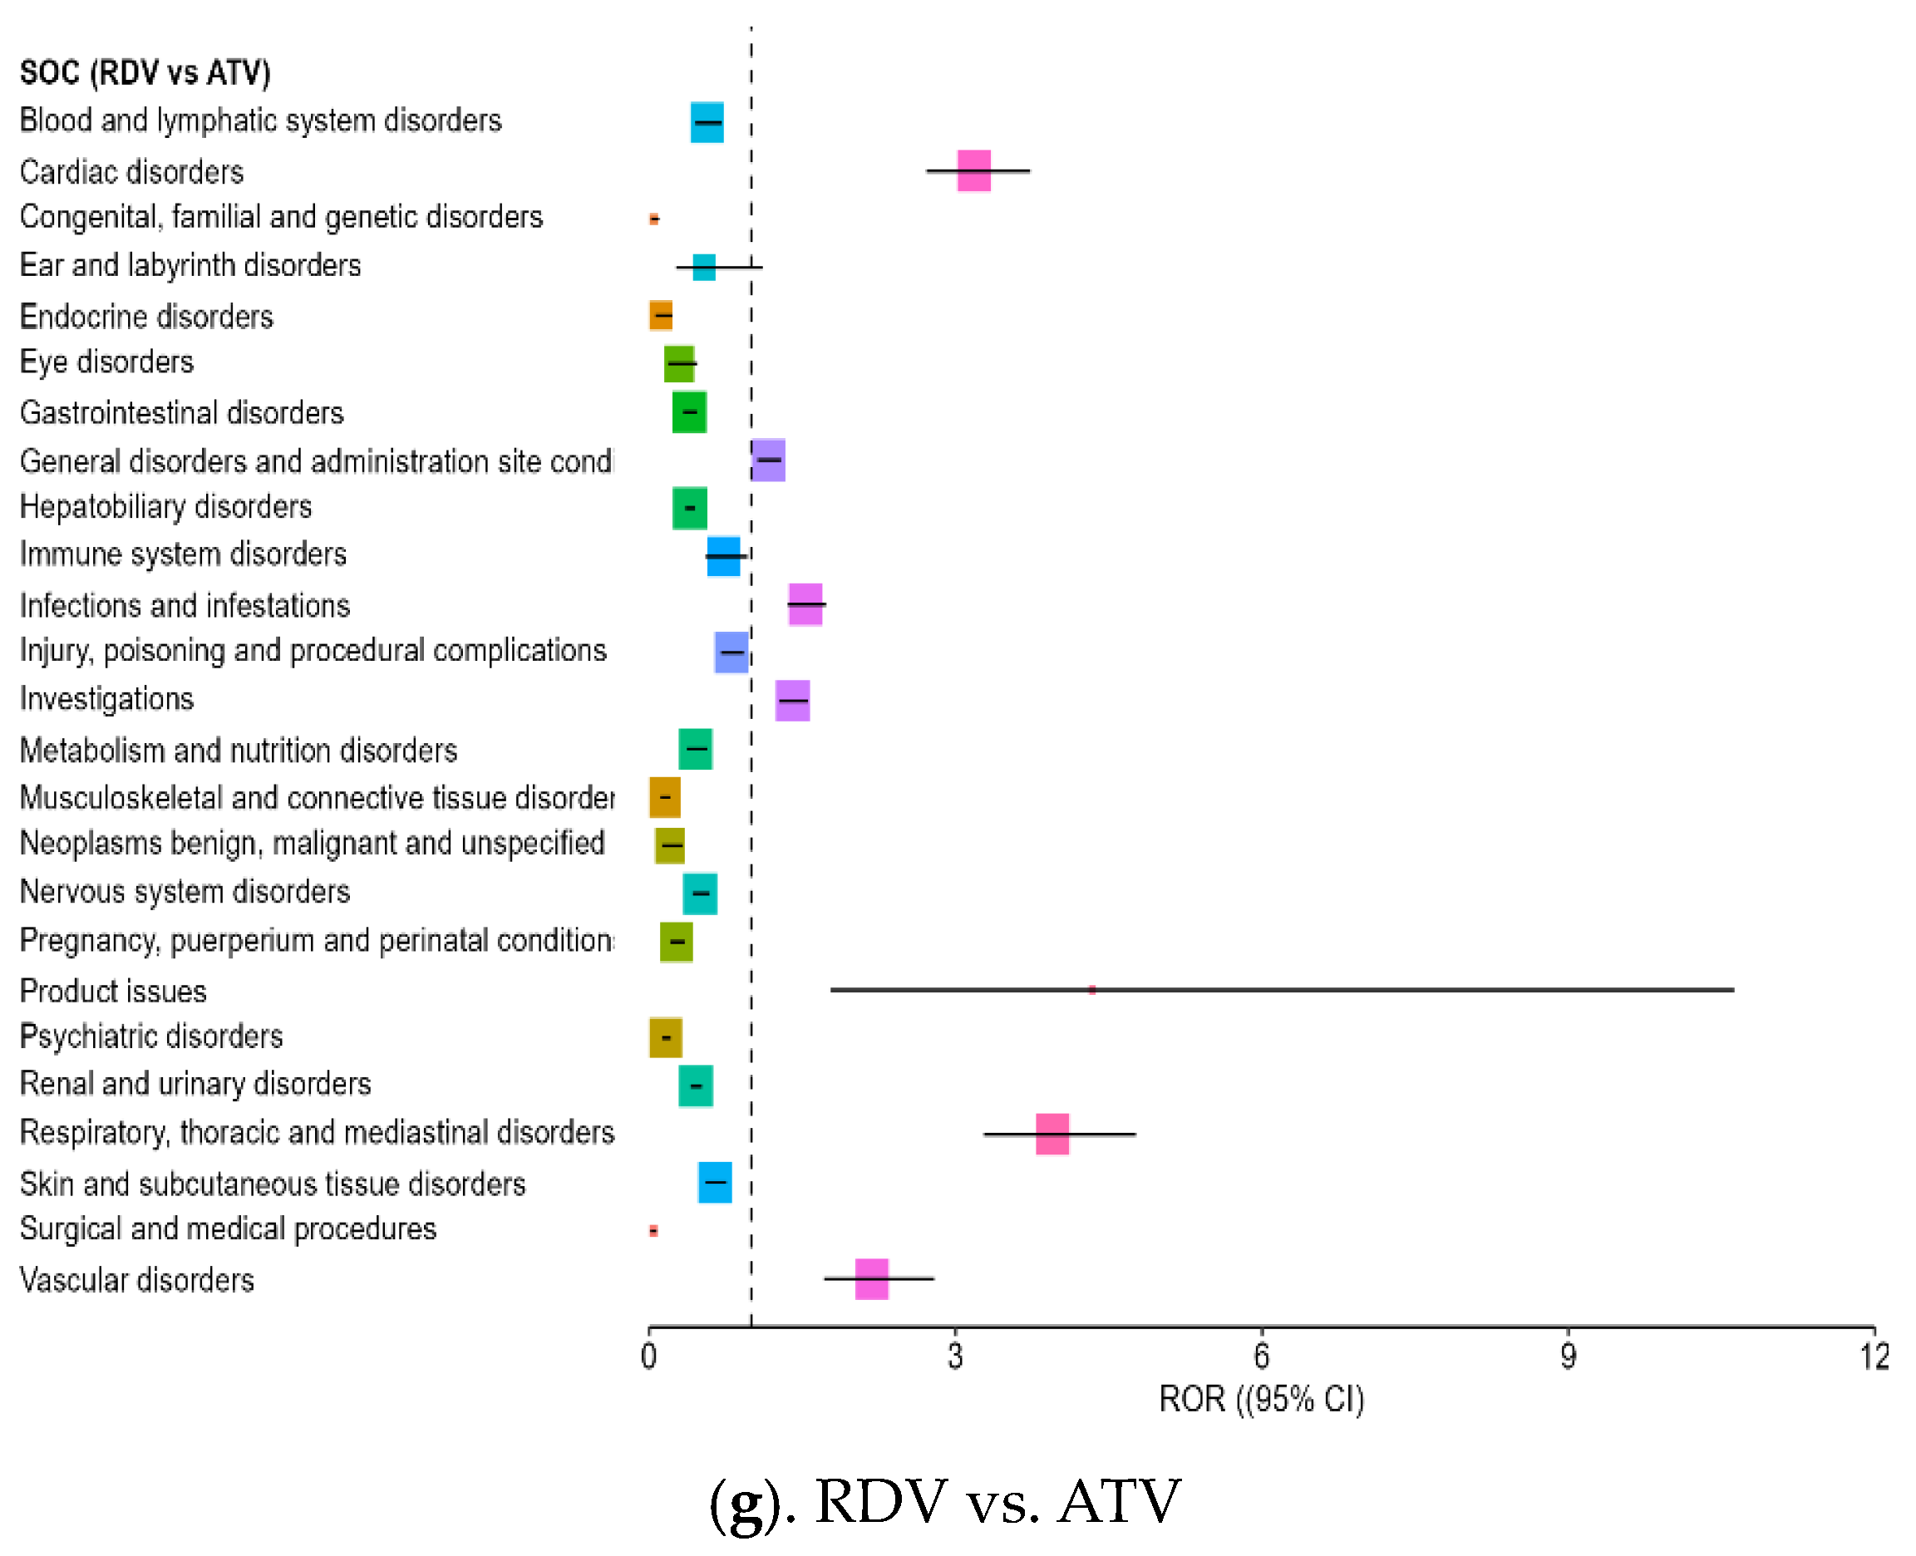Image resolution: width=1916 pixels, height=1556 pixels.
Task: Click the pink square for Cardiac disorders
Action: click(x=973, y=170)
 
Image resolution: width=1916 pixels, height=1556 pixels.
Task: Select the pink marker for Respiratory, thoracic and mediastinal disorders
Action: click(x=1052, y=1134)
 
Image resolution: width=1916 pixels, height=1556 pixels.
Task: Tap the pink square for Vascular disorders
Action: click(x=871, y=1278)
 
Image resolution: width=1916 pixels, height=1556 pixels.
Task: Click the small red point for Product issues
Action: click(x=1091, y=989)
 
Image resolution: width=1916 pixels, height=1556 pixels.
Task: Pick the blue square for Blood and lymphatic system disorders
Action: click(x=707, y=122)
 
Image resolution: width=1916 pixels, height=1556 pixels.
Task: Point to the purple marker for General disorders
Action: click(x=768, y=460)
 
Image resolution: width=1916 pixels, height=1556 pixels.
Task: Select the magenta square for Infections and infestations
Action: click(x=805, y=604)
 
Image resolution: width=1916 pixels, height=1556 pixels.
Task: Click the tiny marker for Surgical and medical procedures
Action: click(x=653, y=1231)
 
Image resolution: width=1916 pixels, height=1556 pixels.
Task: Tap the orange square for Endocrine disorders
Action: click(x=662, y=316)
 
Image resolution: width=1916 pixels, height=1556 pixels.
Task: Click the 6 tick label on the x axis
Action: click(x=1261, y=1357)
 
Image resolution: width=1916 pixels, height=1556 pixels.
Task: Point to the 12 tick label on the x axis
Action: click(x=1874, y=1357)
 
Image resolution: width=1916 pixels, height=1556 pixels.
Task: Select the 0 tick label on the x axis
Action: click(x=649, y=1357)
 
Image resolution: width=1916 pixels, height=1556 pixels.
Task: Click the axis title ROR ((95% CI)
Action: click(x=1261, y=1399)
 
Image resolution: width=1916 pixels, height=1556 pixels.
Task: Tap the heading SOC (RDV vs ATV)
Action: click(x=145, y=72)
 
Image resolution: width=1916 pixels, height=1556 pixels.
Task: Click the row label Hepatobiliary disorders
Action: click(x=165, y=507)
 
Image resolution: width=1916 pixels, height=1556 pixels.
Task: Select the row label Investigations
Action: click(x=106, y=699)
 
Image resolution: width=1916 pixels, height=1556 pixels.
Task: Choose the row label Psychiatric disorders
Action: click(x=151, y=1037)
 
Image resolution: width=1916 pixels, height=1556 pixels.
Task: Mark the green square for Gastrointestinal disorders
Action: click(x=689, y=412)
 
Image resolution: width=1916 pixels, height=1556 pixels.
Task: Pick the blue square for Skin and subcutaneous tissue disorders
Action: click(x=714, y=1182)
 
